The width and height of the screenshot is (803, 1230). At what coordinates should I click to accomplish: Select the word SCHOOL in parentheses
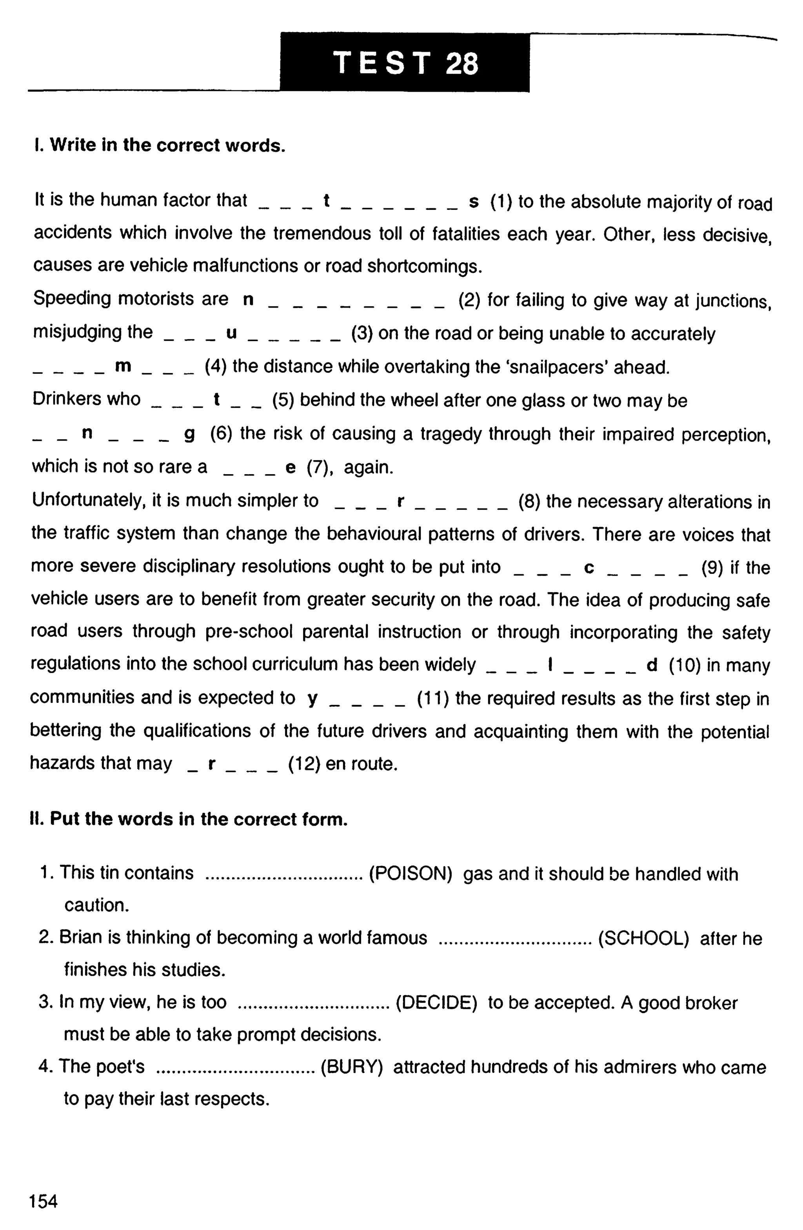pos(643,938)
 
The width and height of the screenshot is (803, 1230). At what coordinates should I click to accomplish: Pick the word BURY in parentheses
pos(351,1067)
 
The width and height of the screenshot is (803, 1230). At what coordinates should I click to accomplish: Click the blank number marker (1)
pos(501,202)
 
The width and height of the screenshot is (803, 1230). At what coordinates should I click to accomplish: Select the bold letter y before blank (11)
pos(312,699)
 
